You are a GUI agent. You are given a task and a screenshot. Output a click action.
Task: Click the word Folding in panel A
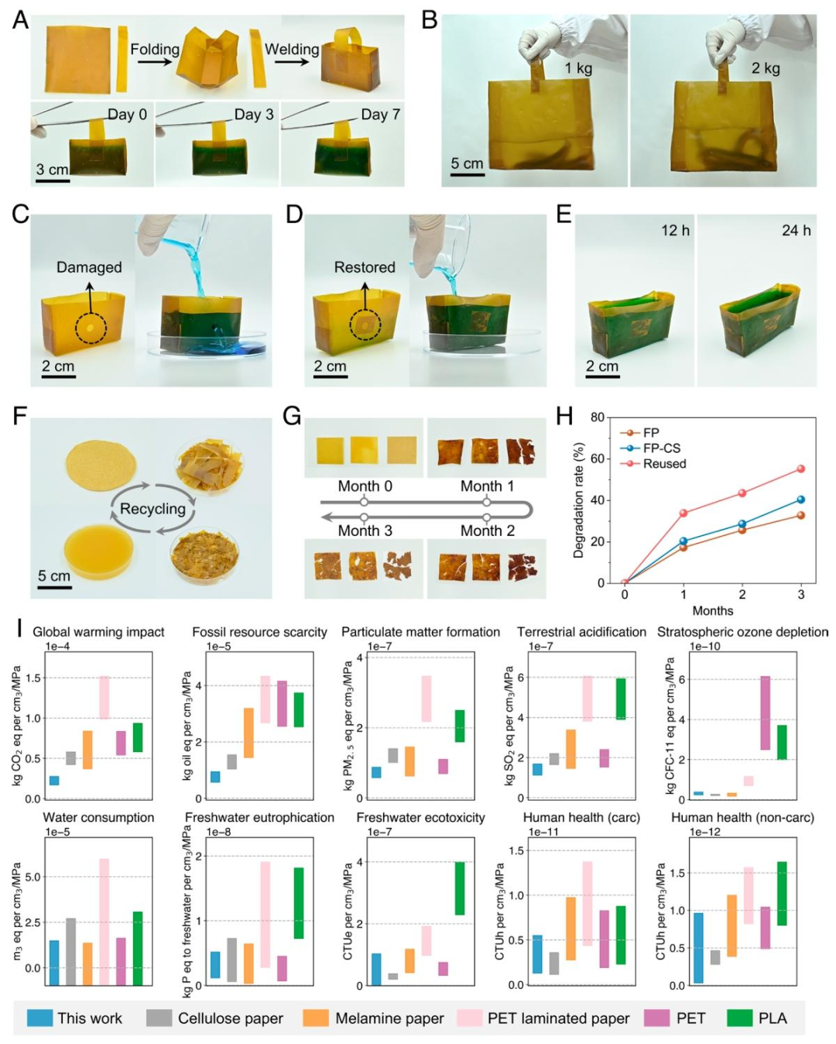pos(154,50)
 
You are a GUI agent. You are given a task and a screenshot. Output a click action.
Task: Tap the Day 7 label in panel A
pos(380,115)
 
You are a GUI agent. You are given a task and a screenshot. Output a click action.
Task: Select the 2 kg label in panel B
pos(766,68)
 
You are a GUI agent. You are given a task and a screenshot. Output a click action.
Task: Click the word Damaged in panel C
pos(89,267)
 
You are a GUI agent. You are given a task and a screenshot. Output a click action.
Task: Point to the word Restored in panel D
pos(365,267)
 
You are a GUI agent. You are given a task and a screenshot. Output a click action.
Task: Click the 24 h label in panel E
pos(796,231)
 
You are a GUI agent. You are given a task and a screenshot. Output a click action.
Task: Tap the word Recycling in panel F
pos(152,509)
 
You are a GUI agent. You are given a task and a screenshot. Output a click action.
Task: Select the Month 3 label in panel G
pos(365,531)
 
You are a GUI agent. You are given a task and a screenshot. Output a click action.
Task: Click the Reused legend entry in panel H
pos(664,464)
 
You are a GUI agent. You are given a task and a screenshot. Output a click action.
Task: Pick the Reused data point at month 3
pos(801,469)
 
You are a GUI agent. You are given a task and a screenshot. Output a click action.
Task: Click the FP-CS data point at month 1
pos(684,541)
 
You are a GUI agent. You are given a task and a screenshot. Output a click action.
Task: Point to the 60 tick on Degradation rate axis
pos(598,459)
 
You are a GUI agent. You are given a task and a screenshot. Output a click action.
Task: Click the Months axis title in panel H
pos(712,611)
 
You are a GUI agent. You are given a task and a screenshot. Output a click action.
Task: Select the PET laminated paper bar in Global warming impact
pos(104,697)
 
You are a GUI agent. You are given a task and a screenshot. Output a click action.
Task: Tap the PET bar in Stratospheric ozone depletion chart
pos(765,713)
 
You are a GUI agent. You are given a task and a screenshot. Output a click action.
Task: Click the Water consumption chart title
pos(98,818)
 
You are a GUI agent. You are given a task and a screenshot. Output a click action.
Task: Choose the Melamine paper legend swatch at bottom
pos(316,1018)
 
